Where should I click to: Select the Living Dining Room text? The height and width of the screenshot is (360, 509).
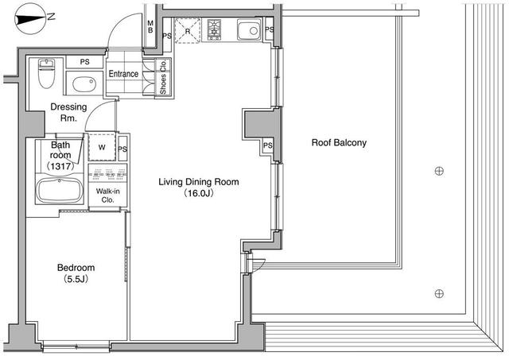pos(198,182)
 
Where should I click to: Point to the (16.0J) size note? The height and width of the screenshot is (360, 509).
pos(199,193)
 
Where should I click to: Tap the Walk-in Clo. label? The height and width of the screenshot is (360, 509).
pos(106,195)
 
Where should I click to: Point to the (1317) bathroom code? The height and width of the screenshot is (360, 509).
pos(60,166)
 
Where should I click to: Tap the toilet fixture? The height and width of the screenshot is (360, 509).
pos(46,75)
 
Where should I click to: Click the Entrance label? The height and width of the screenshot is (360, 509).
pos(124,75)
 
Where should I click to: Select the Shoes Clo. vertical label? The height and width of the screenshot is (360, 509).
pos(163,77)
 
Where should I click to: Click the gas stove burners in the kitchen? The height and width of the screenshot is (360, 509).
pos(215,30)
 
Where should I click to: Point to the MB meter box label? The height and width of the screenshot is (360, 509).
pos(151,29)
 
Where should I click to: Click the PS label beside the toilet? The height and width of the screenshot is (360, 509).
pos(84,62)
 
